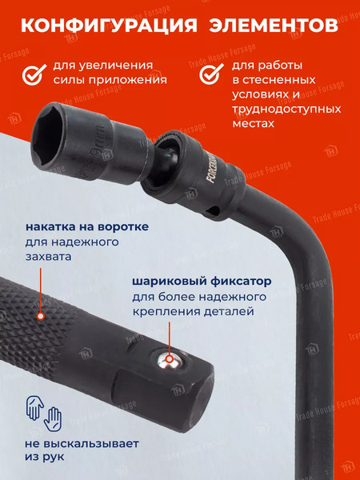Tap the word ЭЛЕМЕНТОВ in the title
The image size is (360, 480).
click(x=273, y=25)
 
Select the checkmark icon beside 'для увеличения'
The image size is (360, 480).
click(x=33, y=73)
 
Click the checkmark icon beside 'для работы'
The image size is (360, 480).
click(x=210, y=73)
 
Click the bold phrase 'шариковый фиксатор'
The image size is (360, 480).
click(x=202, y=282)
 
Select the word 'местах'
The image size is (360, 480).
click(x=250, y=125)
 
